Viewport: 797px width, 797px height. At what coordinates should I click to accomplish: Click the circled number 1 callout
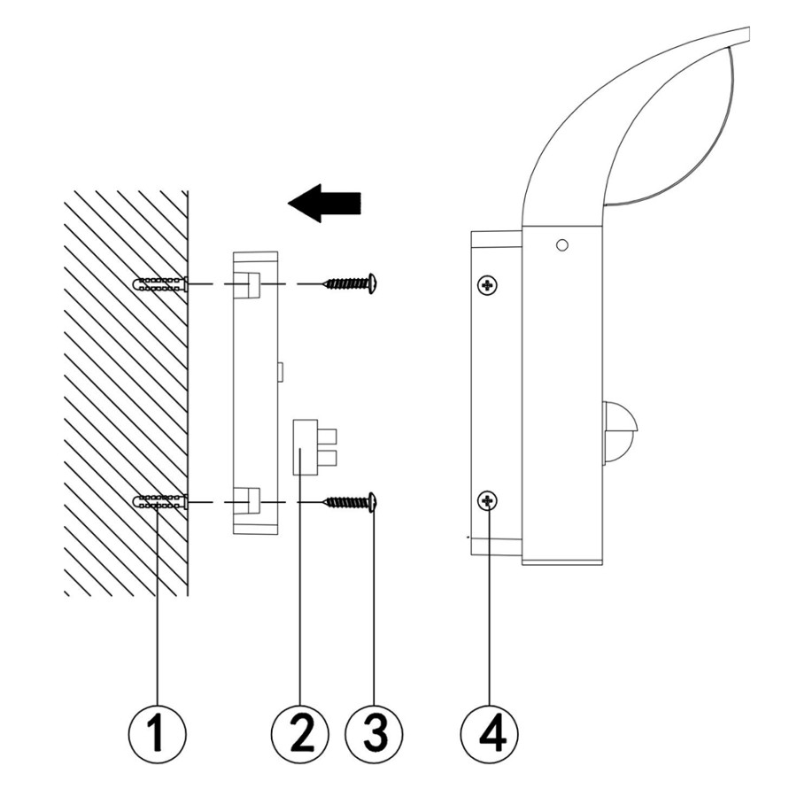(157, 733)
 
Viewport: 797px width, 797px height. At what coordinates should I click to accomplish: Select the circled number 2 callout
(300, 733)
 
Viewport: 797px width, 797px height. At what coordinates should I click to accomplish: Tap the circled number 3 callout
(374, 733)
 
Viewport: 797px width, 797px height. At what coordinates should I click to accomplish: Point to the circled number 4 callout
(489, 733)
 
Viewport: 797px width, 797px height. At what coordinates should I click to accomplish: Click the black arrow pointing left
(324, 203)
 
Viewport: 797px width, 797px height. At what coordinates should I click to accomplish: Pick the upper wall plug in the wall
(159, 283)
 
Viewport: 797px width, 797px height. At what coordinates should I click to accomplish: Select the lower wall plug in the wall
(159, 502)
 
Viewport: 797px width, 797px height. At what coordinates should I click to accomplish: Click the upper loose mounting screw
(350, 283)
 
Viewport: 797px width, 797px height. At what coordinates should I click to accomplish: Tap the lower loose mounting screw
(350, 502)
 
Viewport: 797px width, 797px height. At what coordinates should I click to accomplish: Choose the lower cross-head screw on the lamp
(488, 502)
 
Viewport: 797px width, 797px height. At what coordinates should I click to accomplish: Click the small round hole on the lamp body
(561, 245)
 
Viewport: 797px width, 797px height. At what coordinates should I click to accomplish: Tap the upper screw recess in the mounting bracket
(246, 283)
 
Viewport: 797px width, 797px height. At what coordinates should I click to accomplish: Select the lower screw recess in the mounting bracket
(246, 502)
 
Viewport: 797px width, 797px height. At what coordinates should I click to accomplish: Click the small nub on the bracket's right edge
(280, 372)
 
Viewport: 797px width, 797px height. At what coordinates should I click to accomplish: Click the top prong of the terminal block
(328, 437)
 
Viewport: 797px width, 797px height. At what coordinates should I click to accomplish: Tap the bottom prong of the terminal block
(328, 458)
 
